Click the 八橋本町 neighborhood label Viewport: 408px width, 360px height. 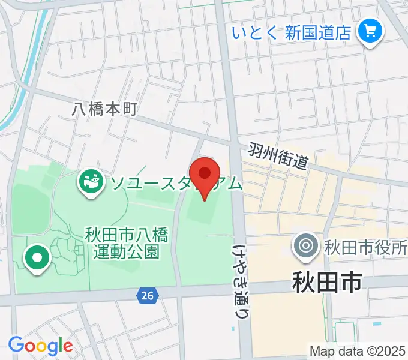point(105,109)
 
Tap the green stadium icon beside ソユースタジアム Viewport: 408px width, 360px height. point(92,181)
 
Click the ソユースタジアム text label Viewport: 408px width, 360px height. point(174,182)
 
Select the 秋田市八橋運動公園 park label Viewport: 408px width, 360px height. point(126,241)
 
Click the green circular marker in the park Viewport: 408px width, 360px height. point(37,258)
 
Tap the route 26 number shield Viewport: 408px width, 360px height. point(146,295)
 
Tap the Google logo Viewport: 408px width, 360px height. point(40,346)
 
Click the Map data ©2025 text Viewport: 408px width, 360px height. point(358,351)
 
